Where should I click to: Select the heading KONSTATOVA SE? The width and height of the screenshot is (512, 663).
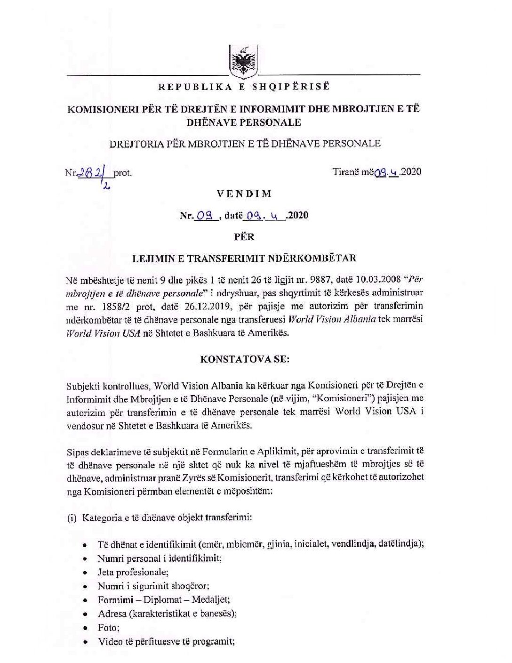pyautogui.click(x=245, y=359)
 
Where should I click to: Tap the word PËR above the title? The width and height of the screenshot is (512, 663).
pyautogui.click(x=244, y=236)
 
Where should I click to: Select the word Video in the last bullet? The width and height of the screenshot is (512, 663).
pyautogui.click(x=110, y=641)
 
